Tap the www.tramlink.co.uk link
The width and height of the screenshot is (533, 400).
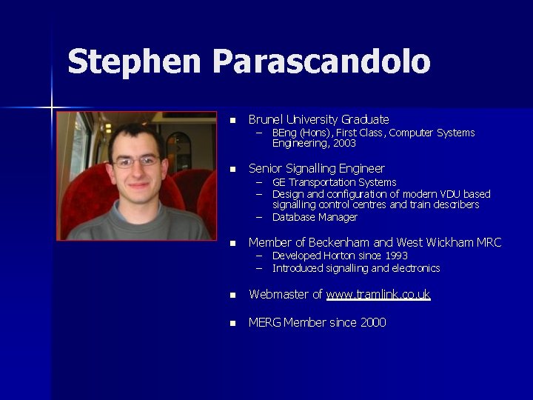click(378, 295)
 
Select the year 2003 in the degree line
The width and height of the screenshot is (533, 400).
click(343, 144)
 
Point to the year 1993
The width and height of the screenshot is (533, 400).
click(394, 256)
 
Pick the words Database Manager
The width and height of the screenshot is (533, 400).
click(315, 217)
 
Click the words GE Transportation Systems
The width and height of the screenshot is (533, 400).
click(334, 182)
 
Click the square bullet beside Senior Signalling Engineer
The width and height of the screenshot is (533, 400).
click(232, 170)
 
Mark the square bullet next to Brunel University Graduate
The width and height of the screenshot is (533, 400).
click(232, 120)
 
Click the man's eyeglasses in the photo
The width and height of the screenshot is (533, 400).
click(136, 160)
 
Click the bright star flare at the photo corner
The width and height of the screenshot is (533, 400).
click(52, 108)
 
